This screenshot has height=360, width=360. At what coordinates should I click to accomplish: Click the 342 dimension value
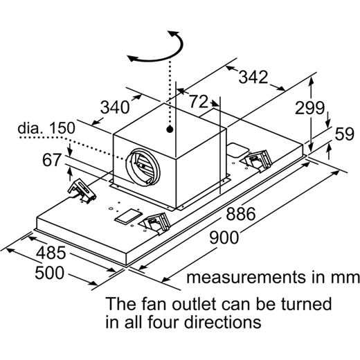click(x=253, y=77)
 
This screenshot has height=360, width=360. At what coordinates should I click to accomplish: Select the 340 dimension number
click(x=115, y=107)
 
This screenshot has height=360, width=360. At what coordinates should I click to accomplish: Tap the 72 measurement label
click(x=199, y=102)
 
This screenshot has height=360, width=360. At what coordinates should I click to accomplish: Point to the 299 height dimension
click(x=309, y=108)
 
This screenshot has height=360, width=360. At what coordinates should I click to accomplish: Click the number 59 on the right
click(x=344, y=134)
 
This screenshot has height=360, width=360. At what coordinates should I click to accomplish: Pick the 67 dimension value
click(x=52, y=160)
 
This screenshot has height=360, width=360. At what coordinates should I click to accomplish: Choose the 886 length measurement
click(x=241, y=214)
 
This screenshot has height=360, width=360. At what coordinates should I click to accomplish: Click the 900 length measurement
click(x=224, y=237)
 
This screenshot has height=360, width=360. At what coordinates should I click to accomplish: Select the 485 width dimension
click(x=51, y=253)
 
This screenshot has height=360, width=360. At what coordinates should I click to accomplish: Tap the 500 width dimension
click(x=49, y=273)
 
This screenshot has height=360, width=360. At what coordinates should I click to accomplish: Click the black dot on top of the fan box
click(x=170, y=129)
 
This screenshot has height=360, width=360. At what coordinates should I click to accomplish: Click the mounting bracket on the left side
click(x=82, y=191)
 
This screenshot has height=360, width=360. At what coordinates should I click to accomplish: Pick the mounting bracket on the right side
click(x=257, y=161)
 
